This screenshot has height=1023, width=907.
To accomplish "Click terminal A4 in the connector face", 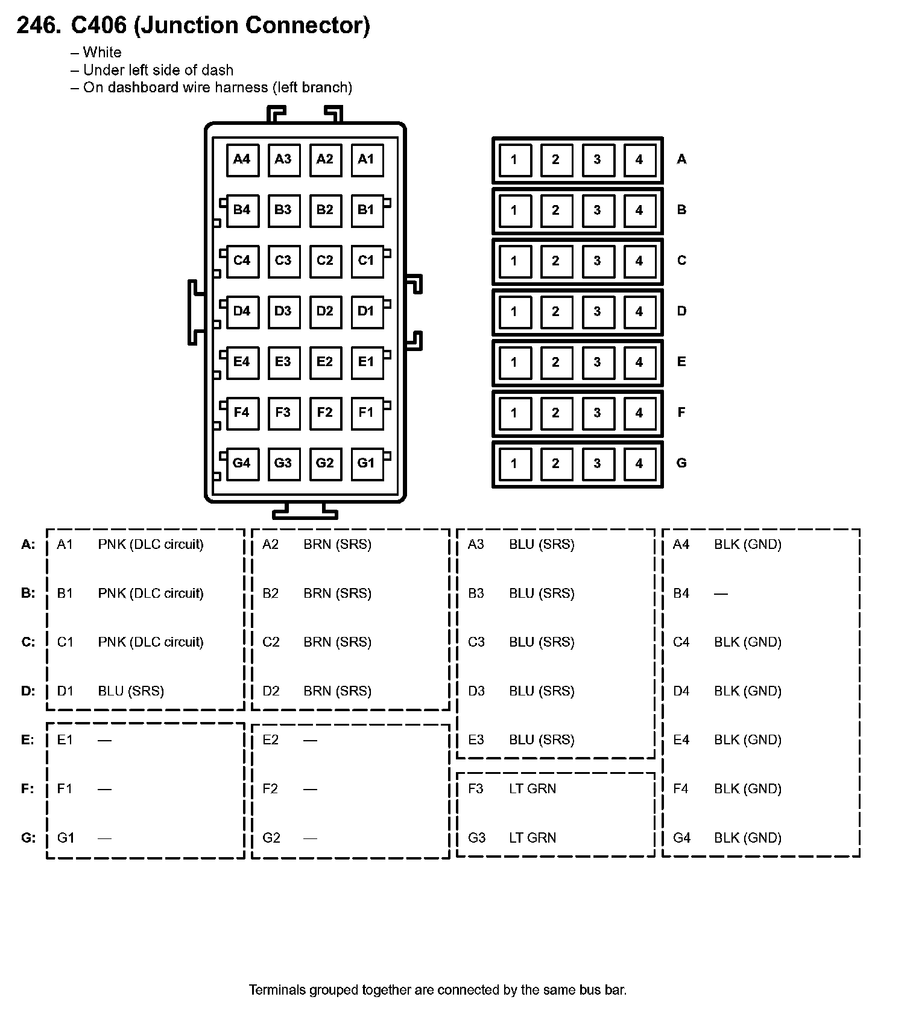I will (x=242, y=159).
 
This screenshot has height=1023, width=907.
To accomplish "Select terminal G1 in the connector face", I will (x=367, y=463).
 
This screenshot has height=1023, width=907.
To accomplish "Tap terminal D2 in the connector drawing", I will (x=325, y=311).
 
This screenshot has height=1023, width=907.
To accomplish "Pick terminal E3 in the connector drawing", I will (x=283, y=362).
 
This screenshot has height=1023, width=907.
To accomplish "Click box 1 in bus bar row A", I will (x=514, y=160).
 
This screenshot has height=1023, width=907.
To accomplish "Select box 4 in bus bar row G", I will (x=639, y=464).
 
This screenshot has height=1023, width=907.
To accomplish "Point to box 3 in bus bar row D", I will (x=598, y=312).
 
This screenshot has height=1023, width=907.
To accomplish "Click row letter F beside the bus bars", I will (x=681, y=413).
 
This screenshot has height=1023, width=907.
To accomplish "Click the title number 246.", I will (x=39, y=25).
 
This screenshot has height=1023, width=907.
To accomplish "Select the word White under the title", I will (x=102, y=52).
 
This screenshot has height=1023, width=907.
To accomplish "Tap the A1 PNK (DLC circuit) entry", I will (x=130, y=545).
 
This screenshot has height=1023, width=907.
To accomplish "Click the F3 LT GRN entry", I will (x=512, y=789).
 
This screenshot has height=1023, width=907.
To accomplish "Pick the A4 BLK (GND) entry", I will (x=727, y=545).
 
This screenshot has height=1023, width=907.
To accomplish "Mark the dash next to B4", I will (x=721, y=594).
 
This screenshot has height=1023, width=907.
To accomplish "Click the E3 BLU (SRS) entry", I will (x=521, y=740).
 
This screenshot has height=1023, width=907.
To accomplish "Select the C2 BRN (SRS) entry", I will (x=317, y=642).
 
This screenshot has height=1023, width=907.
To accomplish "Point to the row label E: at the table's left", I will (x=28, y=740).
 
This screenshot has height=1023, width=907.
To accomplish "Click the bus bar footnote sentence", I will (x=438, y=990).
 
